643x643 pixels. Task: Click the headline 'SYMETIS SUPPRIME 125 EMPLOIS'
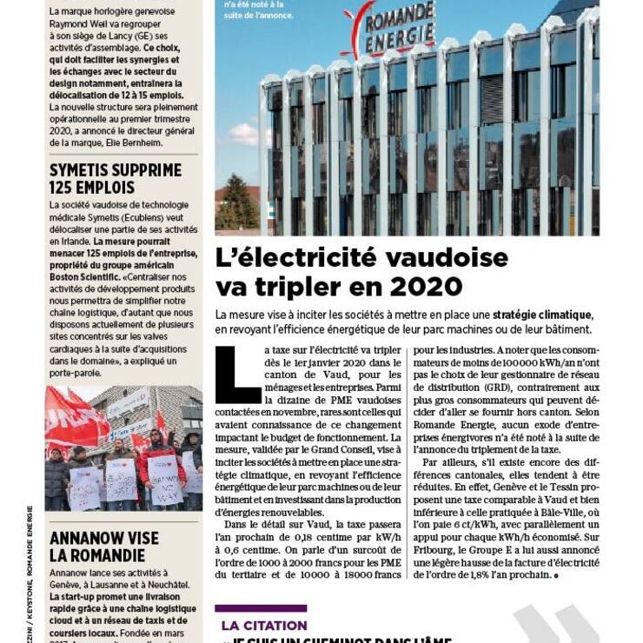116,178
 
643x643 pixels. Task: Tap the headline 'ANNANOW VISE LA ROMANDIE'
104,546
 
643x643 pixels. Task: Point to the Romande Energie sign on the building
390,27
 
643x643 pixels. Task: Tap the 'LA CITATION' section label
264,625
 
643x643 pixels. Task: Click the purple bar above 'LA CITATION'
261,608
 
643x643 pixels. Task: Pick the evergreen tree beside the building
236,204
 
